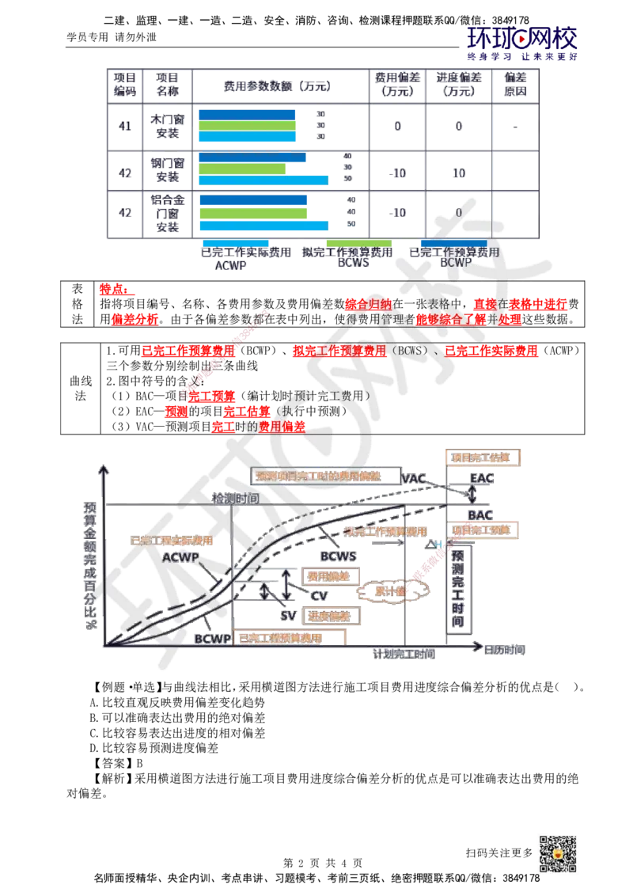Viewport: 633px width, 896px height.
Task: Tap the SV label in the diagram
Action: click(289, 614)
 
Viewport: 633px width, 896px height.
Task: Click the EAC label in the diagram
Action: click(481, 478)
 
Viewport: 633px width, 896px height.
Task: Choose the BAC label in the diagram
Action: click(480, 514)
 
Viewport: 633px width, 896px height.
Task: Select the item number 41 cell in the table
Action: click(123, 126)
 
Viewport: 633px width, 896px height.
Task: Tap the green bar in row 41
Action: click(247, 125)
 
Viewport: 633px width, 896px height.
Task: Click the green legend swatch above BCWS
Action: click(359, 243)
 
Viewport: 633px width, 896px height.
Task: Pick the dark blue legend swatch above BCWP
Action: click(453, 243)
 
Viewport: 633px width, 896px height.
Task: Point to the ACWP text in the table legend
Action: click(230, 266)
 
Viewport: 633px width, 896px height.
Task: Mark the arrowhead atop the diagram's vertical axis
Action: click(101, 469)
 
